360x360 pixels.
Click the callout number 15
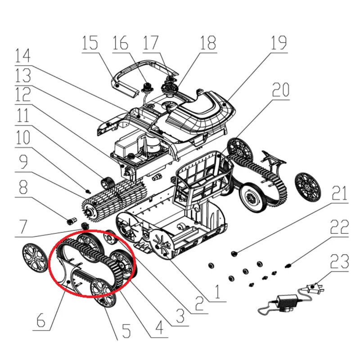tap(90, 43)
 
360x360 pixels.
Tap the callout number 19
tap(279, 43)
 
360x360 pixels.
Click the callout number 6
tap(41, 320)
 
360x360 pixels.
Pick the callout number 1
tap(217, 291)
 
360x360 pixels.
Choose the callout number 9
tap(23, 162)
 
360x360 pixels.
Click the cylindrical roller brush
tap(114, 198)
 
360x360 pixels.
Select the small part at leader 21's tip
tap(234, 253)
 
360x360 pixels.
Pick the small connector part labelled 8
tap(70, 222)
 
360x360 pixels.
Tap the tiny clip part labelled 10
tap(87, 190)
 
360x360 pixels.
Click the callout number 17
tap(151, 43)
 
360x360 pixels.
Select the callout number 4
tap(159, 327)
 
